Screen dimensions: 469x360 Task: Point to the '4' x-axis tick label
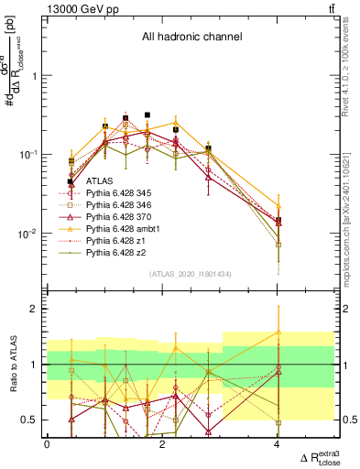(x=277, y=443)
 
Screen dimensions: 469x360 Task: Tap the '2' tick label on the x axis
(x=162, y=443)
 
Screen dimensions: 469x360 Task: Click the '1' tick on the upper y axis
(x=36, y=76)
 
